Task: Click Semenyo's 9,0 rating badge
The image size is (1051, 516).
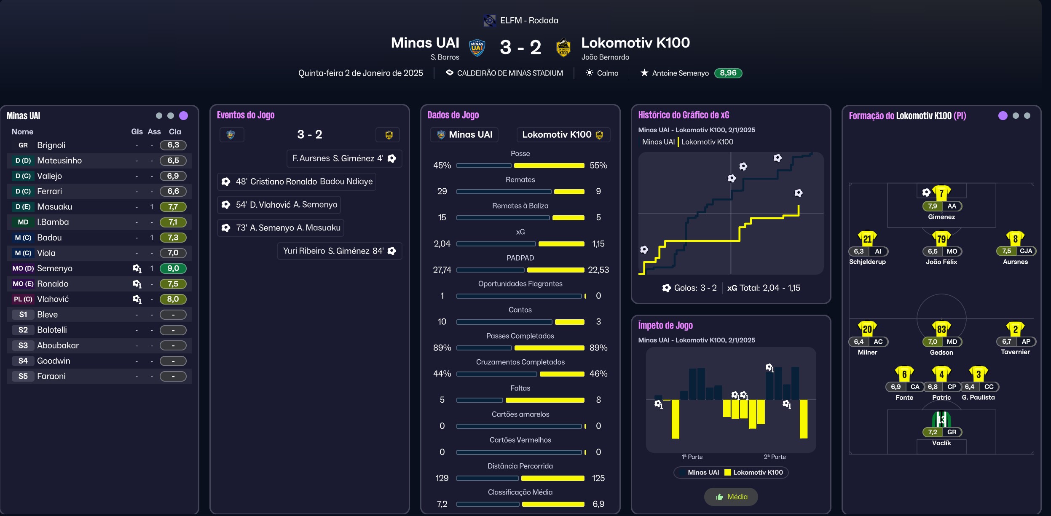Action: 173,268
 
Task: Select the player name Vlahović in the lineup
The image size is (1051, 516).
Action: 53,299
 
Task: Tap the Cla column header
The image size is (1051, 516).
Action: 174,132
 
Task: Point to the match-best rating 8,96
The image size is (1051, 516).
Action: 728,73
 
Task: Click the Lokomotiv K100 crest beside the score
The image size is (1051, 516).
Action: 563,47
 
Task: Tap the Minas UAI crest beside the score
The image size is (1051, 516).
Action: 477,47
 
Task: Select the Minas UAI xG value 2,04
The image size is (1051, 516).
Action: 442,244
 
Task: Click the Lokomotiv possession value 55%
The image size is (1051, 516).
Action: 598,166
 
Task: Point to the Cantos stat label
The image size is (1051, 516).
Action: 520,310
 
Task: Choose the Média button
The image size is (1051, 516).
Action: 731,497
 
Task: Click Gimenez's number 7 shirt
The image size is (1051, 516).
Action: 941,193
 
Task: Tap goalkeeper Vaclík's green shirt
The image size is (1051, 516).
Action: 941,419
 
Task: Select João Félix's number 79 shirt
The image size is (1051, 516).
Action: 941,239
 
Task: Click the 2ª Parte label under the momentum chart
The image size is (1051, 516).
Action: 775,457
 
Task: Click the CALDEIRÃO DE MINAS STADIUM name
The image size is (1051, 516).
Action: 509,73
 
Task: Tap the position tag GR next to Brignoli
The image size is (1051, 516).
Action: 23,145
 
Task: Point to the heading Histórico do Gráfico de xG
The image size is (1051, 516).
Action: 684,115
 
